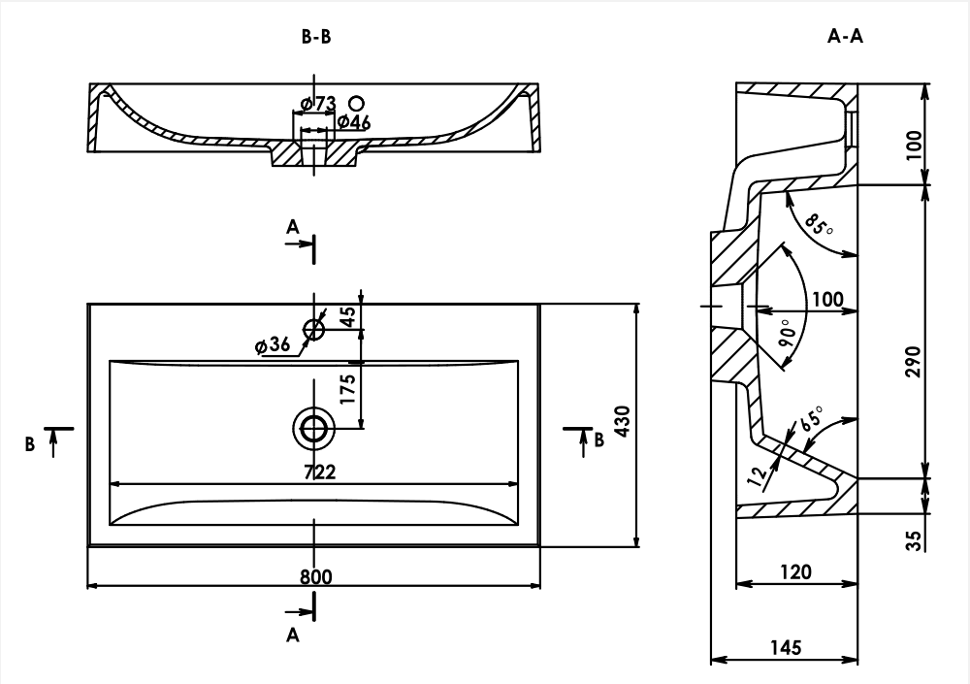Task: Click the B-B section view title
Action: click(316, 37)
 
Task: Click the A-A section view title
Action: click(845, 37)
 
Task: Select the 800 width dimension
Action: click(316, 577)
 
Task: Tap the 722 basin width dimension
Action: click(320, 472)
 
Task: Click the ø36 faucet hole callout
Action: click(273, 345)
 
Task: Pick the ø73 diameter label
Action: click(318, 104)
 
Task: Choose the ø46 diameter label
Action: click(354, 122)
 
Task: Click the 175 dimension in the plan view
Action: click(348, 389)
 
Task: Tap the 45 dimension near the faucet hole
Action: click(348, 316)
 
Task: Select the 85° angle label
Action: click(819, 225)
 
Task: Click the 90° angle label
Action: click(788, 335)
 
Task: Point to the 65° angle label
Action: click(811, 419)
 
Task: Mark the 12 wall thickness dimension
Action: click(758, 475)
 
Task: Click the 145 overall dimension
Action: click(787, 647)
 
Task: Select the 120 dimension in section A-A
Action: click(795, 572)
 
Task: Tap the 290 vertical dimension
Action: click(913, 362)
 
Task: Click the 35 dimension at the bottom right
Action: click(913, 539)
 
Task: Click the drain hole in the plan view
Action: click(313, 429)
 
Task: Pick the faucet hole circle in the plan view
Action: click(313, 329)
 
